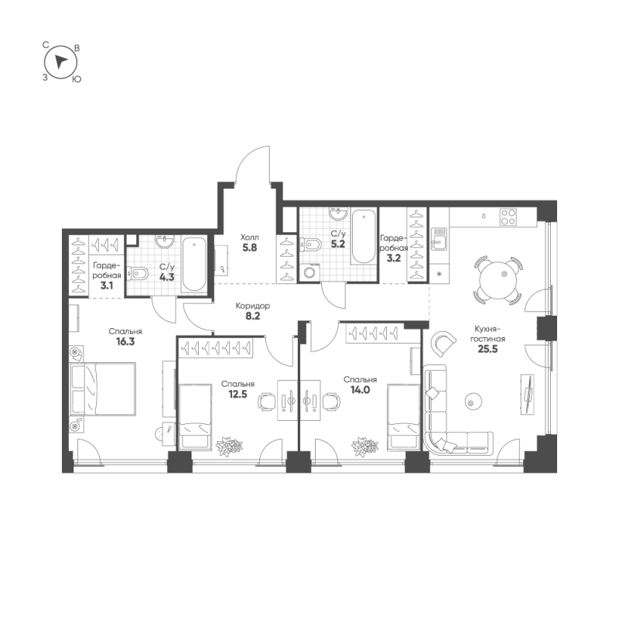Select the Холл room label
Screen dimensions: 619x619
249,238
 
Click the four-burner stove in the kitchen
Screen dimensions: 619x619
508,217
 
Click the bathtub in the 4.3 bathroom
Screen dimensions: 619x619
193,265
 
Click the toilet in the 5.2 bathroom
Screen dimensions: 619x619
312,245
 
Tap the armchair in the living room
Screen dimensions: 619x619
444,342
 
